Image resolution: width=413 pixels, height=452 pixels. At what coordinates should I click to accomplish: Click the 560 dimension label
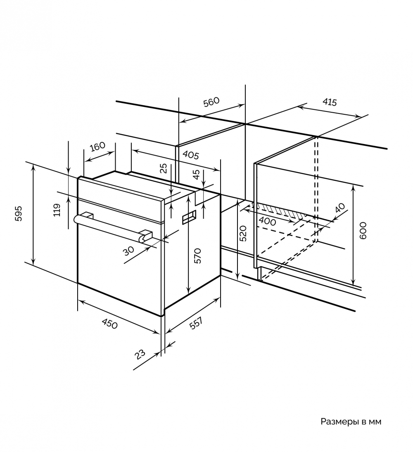(x=211, y=102)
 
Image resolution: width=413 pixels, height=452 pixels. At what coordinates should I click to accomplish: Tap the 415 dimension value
(x=329, y=102)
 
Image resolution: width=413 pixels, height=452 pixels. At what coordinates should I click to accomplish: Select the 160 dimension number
(x=97, y=147)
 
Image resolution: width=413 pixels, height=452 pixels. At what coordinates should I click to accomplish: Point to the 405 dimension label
(x=191, y=155)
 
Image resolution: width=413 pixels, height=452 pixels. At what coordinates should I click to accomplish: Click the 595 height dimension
(x=19, y=213)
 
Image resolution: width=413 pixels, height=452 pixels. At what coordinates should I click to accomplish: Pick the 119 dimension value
(x=57, y=210)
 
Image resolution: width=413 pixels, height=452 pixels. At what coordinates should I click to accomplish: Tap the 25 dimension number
(x=164, y=168)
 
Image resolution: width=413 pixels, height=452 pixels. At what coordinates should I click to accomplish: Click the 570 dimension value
(x=197, y=256)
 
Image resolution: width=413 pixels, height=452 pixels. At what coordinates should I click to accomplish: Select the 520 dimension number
(x=243, y=233)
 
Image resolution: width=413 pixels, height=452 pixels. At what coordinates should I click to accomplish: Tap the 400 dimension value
(x=267, y=221)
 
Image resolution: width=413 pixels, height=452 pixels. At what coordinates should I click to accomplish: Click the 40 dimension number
(x=340, y=208)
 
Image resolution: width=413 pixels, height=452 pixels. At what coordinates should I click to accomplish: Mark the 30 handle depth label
(x=128, y=251)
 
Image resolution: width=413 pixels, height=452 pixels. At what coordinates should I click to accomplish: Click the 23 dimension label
(x=140, y=354)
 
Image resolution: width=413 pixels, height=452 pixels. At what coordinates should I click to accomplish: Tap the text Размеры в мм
(x=351, y=422)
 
